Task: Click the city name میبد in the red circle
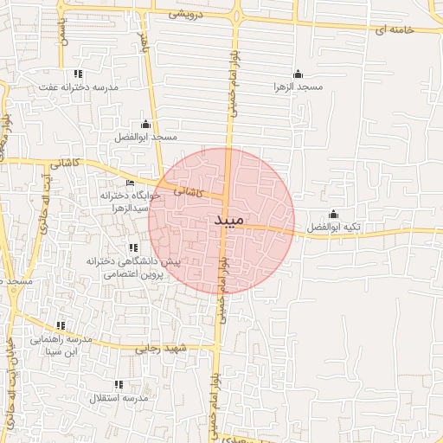229,221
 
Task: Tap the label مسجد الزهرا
298,87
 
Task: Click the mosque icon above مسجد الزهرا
299,74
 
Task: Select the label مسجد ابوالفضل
145,138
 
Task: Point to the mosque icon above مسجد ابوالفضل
145,124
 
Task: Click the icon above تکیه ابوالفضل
334,214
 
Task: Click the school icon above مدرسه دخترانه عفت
79,74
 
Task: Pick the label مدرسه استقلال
119,398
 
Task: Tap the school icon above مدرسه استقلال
119,384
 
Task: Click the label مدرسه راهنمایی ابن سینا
61,346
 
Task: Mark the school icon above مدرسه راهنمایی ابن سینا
61,326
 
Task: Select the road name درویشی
187,15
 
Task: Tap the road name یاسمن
61,33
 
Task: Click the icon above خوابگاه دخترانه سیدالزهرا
131,183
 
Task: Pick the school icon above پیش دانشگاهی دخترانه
132,248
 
